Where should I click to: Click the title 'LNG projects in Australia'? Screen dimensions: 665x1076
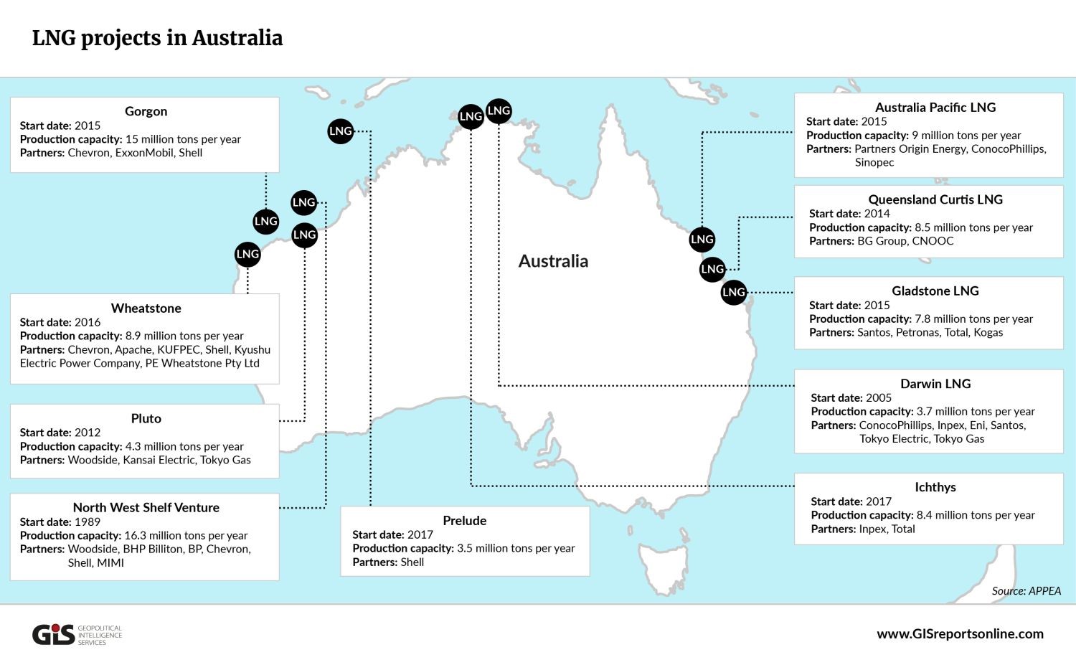pyautogui.click(x=157, y=38)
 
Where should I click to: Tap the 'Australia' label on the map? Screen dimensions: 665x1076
pyautogui.click(x=553, y=261)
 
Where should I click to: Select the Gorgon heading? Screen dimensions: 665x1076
pyautogui.click(x=146, y=111)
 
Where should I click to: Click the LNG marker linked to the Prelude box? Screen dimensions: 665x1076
pyautogui.click(x=341, y=131)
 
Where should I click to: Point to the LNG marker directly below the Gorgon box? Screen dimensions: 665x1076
pyautogui.click(x=266, y=221)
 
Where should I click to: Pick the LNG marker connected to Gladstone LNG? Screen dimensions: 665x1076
pyautogui.click(x=734, y=292)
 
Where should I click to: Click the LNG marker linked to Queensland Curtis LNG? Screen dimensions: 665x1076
pyautogui.click(x=712, y=269)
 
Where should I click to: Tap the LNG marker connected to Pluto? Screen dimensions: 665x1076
pyautogui.click(x=305, y=235)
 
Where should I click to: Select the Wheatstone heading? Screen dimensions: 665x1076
pyautogui.click(x=146, y=308)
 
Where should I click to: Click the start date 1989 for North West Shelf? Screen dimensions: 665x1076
pyautogui.click(x=88, y=522)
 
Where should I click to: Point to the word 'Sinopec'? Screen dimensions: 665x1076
pyautogui.click(x=874, y=162)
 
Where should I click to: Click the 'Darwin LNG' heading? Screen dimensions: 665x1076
pyautogui.click(x=935, y=384)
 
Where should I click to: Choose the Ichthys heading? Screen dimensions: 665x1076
pyautogui.click(x=935, y=487)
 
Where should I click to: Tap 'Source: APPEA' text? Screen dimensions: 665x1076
pyautogui.click(x=1026, y=591)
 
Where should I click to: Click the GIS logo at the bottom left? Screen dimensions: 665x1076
pyautogui.click(x=54, y=634)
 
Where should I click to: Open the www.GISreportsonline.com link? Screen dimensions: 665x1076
pyautogui.click(x=960, y=633)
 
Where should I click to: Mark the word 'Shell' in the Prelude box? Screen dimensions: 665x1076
pyautogui.click(x=412, y=562)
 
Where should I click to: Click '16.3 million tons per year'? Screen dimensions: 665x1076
pyautogui.click(x=186, y=535)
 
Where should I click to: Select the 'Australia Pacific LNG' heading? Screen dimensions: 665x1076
pyautogui.click(x=935, y=108)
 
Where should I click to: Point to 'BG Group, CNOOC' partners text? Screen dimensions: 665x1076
pyautogui.click(x=905, y=241)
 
